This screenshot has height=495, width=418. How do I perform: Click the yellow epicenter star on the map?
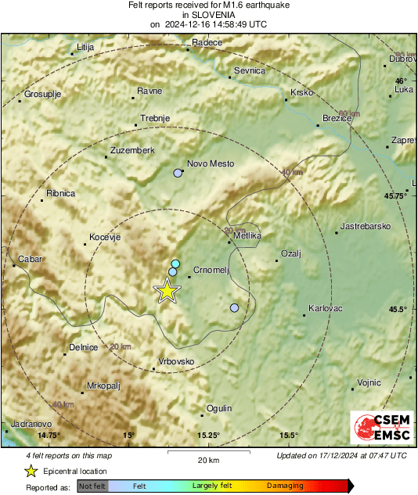(x=167, y=290)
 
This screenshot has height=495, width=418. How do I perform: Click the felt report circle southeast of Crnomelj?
(x=234, y=308)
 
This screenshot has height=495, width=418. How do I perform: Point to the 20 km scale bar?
(x=207, y=451)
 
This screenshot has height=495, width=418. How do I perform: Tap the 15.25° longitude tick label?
(x=208, y=436)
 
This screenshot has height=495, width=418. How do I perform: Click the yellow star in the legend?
(x=31, y=471)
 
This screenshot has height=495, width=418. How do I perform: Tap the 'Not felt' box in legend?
(x=92, y=486)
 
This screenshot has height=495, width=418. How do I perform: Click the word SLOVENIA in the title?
(x=207, y=14)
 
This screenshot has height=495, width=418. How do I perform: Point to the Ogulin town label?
(x=219, y=408)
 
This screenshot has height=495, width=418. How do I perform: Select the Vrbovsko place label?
(x=176, y=361)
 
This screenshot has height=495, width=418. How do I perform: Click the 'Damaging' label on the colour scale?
(x=285, y=486)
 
